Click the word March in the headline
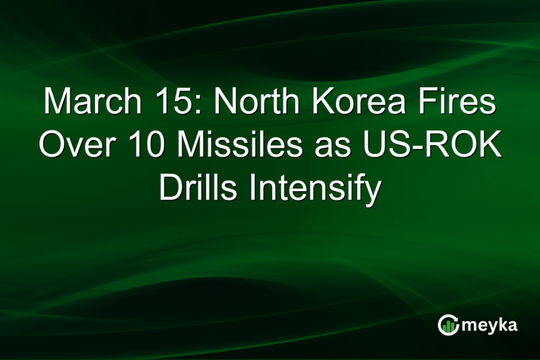pyautogui.click(x=91, y=103)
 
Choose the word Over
pyautogui.click(x=76, y=146)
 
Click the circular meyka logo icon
pyautogui.click(x=448, y=325)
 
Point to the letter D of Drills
pyautogui.click(x=169, y=188)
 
